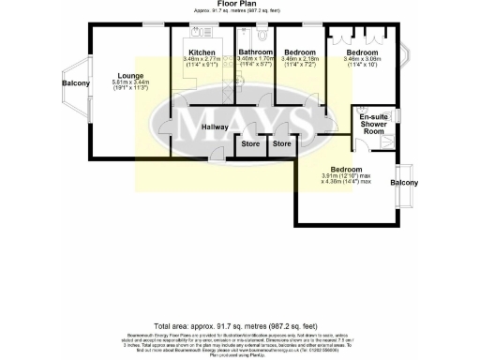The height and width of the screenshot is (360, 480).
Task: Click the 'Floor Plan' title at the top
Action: pos(239,4)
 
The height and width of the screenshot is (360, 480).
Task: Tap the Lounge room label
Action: pos(130,75)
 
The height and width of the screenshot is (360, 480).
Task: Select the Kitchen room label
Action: pos(202,52)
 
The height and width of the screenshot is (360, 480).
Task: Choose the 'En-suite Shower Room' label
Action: pos(374,125)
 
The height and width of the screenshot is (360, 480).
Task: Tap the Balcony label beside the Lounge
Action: pos(76,84)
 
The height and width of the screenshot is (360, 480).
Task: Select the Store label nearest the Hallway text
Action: pos(249,144)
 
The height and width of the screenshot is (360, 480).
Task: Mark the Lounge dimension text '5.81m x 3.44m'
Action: pos(130,83)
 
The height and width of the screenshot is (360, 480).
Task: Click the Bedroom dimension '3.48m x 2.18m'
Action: pos(300,60)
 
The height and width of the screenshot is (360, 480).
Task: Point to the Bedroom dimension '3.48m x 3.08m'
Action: pos(361,60)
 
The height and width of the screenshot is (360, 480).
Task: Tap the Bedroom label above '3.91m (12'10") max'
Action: pos(347,167)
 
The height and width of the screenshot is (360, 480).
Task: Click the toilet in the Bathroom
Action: pos(264,36)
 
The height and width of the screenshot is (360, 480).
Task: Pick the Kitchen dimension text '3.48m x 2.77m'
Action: pos(202,60)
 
